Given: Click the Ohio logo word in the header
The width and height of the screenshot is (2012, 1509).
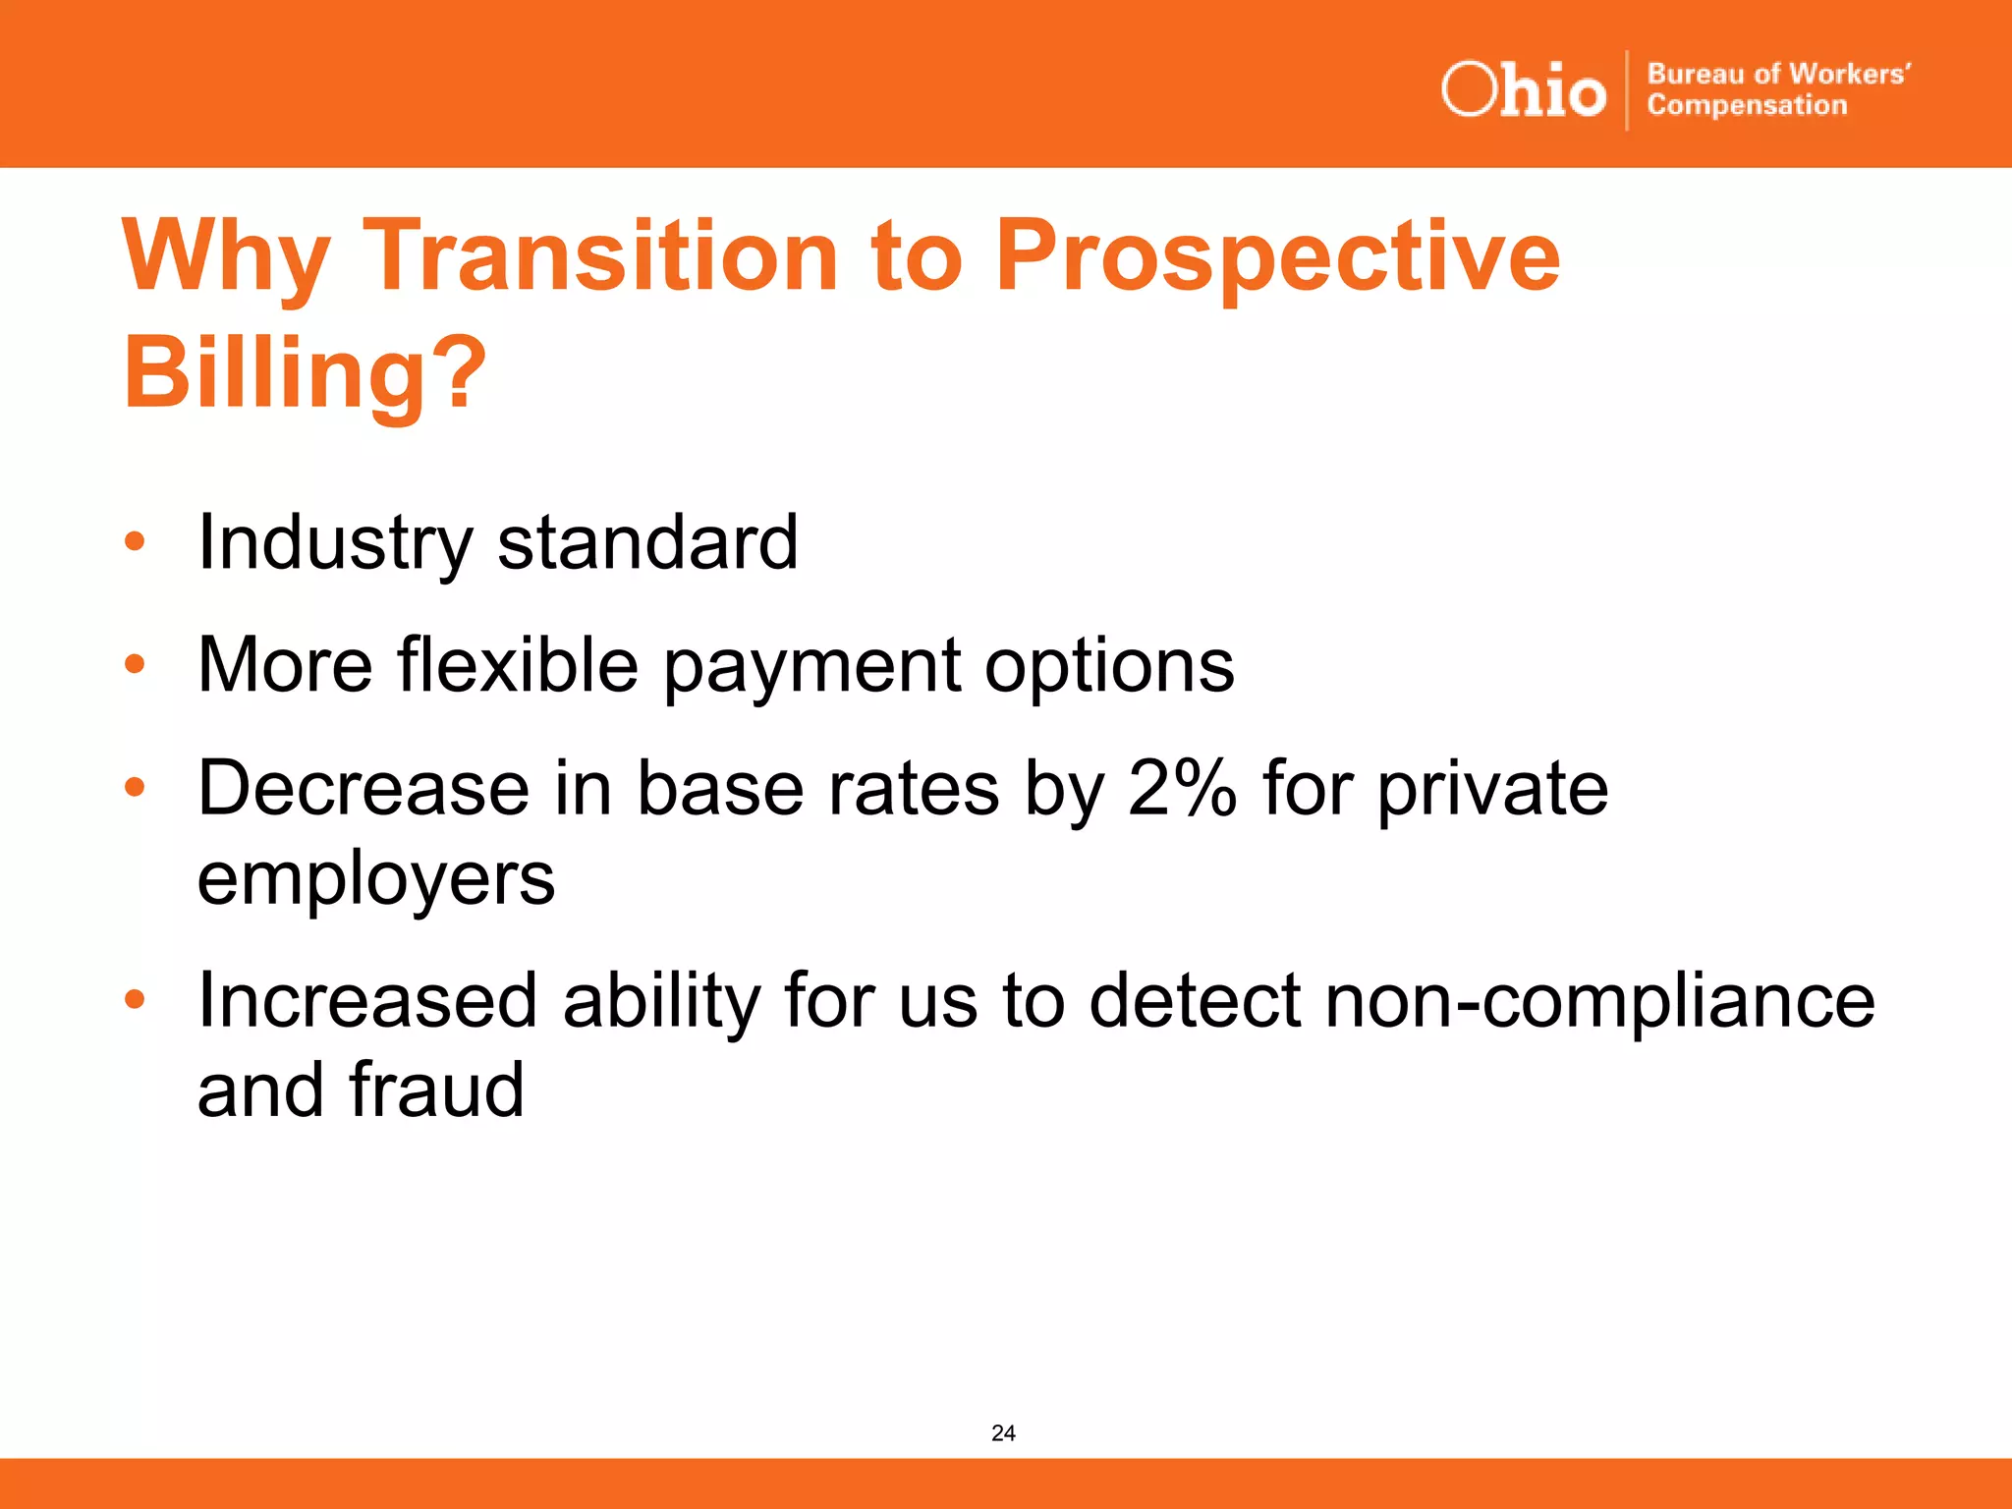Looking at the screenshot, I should tap(1523, 90).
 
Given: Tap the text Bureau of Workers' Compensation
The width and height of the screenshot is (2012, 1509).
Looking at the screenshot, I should tap(1778, 89).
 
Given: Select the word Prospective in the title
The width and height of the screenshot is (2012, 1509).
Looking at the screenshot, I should tap(1277, 257).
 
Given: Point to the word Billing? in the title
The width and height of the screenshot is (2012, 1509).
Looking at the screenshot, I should tap(305, 373).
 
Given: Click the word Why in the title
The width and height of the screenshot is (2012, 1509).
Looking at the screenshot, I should tap(226, 257).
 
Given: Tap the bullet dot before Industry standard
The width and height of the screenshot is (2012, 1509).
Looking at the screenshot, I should tap(135, 541).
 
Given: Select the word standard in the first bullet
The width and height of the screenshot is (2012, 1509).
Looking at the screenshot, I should tap(647, 543).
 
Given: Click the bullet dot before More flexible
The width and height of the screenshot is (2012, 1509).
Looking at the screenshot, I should tap(135, 664).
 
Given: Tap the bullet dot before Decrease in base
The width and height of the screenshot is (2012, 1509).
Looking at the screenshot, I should tap(135, 787).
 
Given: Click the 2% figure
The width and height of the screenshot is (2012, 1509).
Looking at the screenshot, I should tap(1182, 789).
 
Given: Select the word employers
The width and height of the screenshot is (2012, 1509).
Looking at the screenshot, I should tap(375, 880).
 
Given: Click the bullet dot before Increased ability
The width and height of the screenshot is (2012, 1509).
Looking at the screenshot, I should tap(135, 1000).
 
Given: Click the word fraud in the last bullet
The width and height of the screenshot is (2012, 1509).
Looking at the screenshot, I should tap(436, 1090).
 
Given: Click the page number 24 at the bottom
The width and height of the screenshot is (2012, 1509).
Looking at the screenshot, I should tap(1003, 1433).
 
